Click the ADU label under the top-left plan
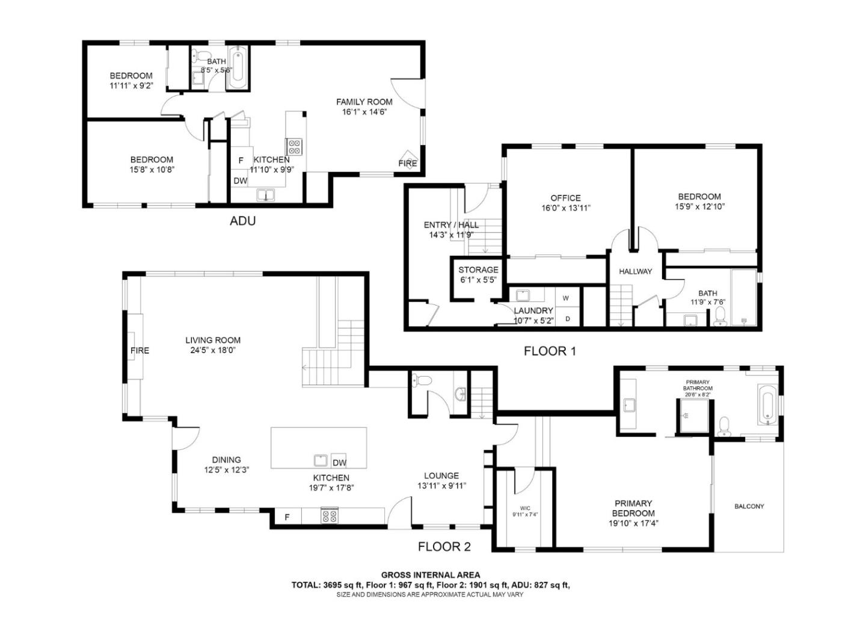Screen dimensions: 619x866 [242, 221]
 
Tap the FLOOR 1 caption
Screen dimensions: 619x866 [550, 351]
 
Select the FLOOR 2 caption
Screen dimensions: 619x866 [444, 547]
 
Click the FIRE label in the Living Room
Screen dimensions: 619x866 [140, 351]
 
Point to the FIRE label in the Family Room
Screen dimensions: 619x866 [407, 164]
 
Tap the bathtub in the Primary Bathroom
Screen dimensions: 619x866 [767, 405]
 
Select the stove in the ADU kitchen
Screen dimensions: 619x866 [294, 147]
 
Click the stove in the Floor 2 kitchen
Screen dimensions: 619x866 [329, 516]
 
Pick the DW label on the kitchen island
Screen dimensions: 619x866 [339, 463]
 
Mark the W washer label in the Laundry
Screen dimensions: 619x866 [566, 298]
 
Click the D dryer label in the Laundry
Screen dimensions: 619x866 [568, 319]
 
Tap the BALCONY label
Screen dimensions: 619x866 [749, 507]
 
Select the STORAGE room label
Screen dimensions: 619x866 [478, 270]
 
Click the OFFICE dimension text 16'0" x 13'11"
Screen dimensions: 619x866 [565, 208]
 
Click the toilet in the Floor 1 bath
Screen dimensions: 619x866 [719, 318]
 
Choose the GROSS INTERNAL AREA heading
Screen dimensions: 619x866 [431, 575]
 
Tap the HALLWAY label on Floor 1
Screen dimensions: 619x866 [635, 271]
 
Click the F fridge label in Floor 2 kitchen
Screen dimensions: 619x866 [287, 517]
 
